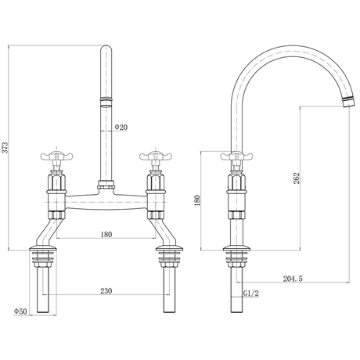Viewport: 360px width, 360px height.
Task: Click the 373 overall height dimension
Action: [x=5, y=148]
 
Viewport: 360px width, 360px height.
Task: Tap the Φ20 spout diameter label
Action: [x=121, y=127]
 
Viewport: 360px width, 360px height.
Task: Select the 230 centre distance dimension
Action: [x=106, y=291]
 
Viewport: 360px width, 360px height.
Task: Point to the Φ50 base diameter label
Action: [x=20, y=311]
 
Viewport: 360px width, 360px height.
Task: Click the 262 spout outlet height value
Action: [x=297, y=178]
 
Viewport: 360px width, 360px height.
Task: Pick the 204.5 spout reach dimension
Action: [x=293, y=279]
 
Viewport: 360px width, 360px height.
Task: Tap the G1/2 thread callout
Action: [x=251, y=293]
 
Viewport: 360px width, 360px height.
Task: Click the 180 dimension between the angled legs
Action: [x=106, y=234]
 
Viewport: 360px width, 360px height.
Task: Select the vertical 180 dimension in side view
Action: [x=197, y=200]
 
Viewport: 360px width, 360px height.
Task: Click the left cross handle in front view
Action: [x=56, y=156]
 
